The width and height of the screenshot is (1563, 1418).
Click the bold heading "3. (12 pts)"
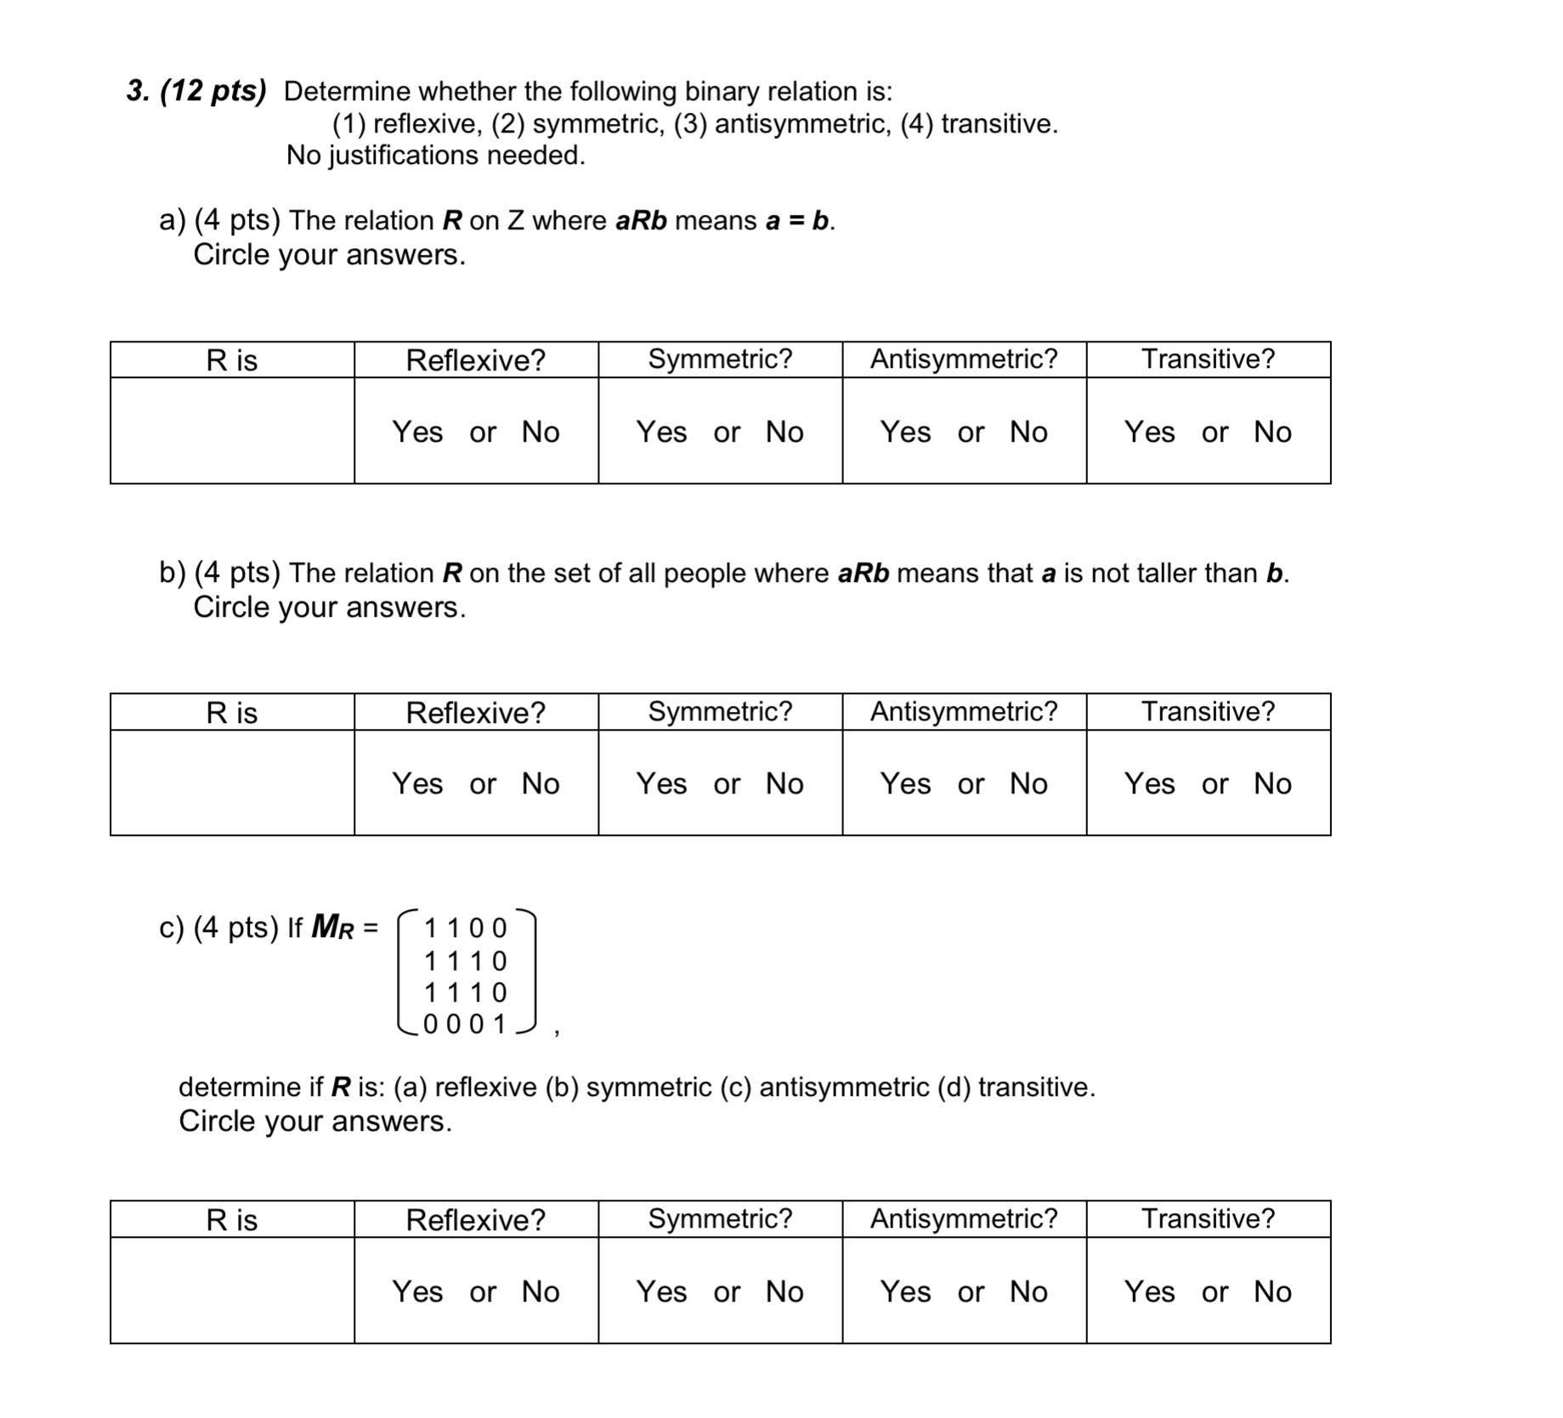point(196,91)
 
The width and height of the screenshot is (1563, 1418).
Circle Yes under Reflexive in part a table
point(417,432)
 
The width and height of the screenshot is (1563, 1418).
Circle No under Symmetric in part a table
point(784,432)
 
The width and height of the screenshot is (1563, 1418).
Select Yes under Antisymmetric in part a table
point(905,432)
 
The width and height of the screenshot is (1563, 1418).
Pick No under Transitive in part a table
point(1272,432)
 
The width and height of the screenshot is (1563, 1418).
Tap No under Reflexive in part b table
point(541,783)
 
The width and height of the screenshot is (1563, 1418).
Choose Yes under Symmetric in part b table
point(661,783)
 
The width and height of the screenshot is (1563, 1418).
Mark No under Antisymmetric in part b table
point(1028,783)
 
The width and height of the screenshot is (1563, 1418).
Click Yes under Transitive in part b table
point(1149,783)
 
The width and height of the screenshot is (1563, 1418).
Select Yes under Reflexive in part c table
point(417,1291)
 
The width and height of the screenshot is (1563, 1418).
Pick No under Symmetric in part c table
point(784,1291)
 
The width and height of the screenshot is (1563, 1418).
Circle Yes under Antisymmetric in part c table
point(905,1291)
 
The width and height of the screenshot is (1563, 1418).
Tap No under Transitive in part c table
point(1272,1291)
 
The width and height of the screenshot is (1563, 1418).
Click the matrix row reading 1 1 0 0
point(465,928)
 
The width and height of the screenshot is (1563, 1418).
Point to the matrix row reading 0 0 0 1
point(465,1024)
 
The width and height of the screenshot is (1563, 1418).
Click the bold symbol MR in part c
point(332,927)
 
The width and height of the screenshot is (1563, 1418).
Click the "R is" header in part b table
point(231,713)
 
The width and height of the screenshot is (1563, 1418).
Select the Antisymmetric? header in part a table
point(964,359)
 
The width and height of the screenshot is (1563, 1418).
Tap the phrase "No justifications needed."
point(436,155)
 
